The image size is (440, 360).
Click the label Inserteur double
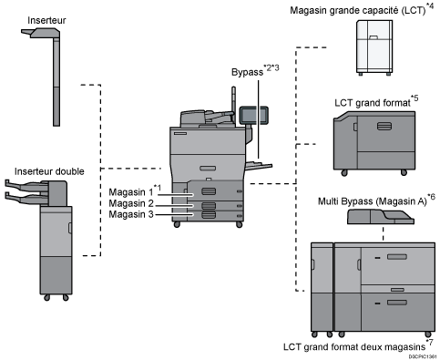pyautogui.click(x=49, y=171)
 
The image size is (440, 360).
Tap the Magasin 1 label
pyautogui.click(x=131, y=192)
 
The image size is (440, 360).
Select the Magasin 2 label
pyautogui.click(x=131, y=203)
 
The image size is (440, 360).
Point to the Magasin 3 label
pyautogui.click(x=131, y=214)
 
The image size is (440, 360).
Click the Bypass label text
pyautogui.click(x=247, y=72)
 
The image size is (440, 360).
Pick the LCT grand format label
pyautogui.click(x=373, y=103)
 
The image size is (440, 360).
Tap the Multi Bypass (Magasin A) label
pyautogui.click(x=373, y=201)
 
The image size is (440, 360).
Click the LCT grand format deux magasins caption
pyautogui.click(x=354, y=347)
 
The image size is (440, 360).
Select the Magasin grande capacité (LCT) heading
pyautogui.click(x=358, y=10)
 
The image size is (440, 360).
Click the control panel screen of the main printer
pyautogui.click(x=253, y=115)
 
